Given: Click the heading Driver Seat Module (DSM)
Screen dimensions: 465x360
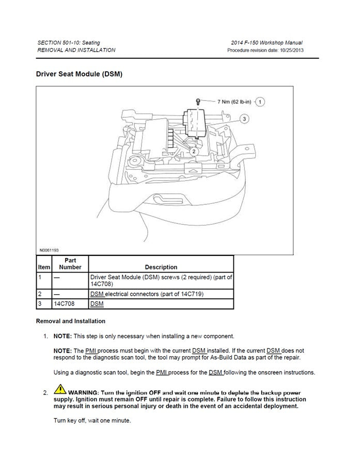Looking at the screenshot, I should click(x=79, y=74).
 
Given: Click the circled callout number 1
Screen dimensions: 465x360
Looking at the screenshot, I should click(x=261, y=101).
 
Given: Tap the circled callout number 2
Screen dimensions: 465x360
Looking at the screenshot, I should click(x=193, y=151).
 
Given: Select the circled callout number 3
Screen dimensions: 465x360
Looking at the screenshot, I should click(x=245, y=119).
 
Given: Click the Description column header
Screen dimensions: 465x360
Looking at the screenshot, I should click(x=161, y=267).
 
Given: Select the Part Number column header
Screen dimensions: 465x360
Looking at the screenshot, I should click(x=70, y=264).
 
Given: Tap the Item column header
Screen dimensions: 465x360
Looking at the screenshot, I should click(x=44, y=267).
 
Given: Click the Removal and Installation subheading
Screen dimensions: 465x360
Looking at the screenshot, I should click(x=70, y=321).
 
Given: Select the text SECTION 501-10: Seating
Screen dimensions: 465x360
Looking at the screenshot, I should click(x=69, y=42).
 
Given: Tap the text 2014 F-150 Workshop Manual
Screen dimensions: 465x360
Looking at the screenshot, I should click(x=268, y=42).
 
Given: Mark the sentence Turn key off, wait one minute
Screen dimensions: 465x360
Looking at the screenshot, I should click(x=92, y=421).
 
